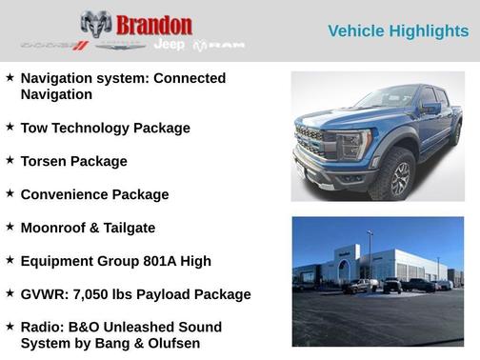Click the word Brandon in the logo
click(154, 25)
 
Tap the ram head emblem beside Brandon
click(95, 25)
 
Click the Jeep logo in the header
click(169, 45)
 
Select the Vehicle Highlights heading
click(398, 31)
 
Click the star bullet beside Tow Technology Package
click(10, 126)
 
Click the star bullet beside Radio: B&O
click(10, 326)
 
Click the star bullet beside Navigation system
click(10, 77)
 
